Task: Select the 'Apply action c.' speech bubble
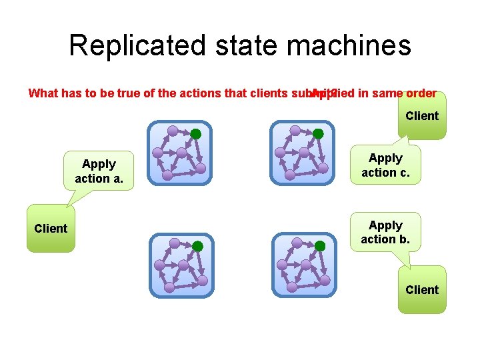385,165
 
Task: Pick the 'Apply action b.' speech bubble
385,232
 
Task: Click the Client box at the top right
422,116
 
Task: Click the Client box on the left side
51,229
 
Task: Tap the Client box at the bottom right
422,289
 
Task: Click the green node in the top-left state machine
196,134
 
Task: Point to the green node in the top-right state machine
319,134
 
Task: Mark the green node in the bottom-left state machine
197,246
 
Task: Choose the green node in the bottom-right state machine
320,246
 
